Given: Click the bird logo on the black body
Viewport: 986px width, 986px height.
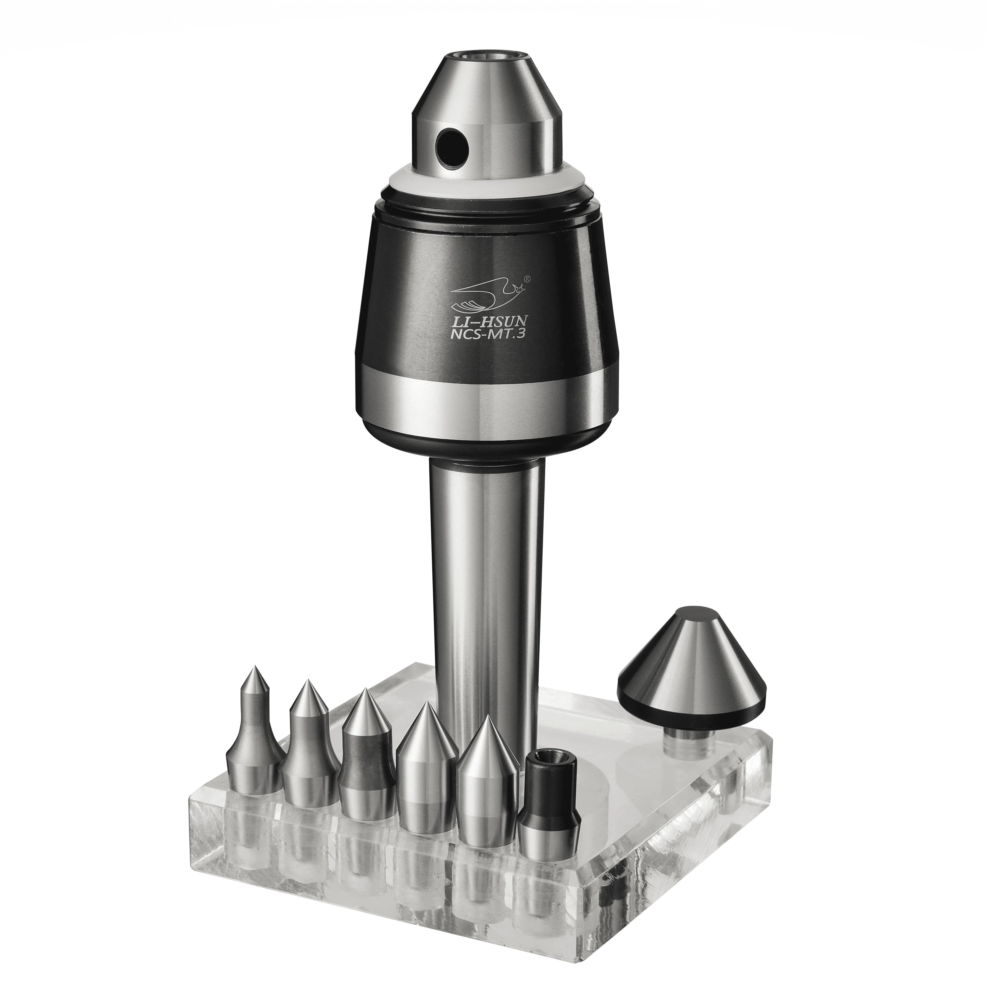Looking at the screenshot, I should (x=485, y=298).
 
